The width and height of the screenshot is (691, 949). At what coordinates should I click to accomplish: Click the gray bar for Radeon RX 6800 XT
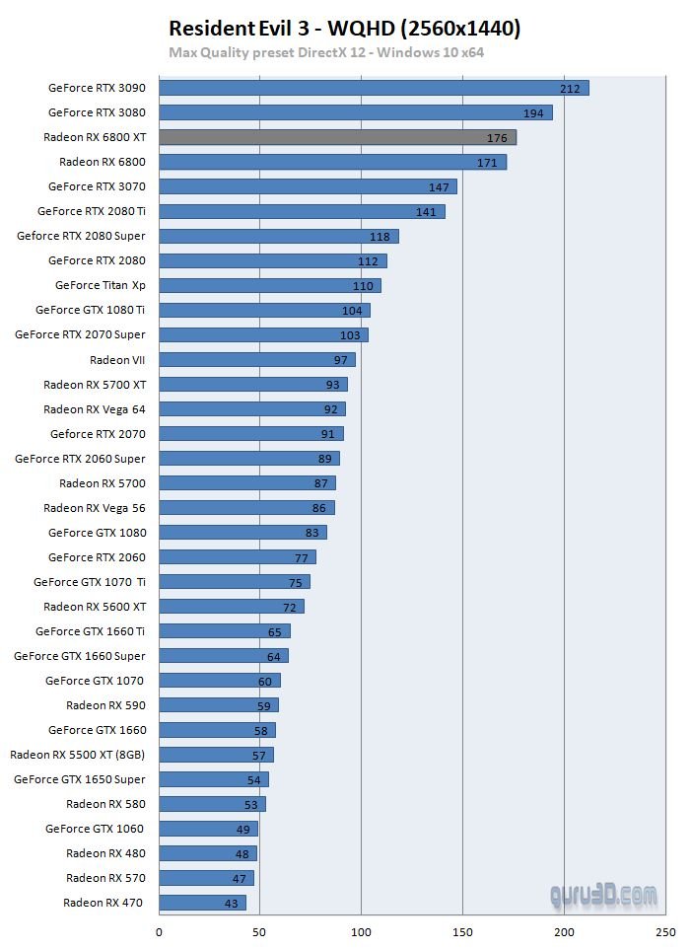click(337, 137)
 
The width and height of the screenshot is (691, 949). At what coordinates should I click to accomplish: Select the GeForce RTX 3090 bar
click(374, 88)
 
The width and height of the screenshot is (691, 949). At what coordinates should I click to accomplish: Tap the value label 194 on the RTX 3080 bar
click(533, 113)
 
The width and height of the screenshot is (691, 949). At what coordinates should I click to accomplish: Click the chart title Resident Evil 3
click(344, 29)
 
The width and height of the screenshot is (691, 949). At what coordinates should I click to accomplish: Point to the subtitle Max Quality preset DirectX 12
click(326, 52)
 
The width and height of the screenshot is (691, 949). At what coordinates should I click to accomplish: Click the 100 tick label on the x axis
click(362, 931)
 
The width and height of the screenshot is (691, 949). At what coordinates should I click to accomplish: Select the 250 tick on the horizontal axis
click(666, 931)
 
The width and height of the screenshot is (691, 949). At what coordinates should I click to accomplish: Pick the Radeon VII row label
click(117, 360)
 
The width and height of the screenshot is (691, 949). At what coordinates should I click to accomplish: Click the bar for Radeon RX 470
click(202, 903)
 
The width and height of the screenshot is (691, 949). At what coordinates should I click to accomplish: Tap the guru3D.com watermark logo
click(603, 895)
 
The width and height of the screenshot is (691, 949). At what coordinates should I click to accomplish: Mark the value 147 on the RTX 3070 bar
click(439, 187)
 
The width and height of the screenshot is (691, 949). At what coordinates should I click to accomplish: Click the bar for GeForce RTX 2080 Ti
click(302, 211)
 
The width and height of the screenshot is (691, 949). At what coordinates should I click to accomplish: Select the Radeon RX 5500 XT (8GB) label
click(78, 755)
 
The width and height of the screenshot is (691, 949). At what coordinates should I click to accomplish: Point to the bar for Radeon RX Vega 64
click(252, 408)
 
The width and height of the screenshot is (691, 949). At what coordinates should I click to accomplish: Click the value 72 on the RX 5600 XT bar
click(290, 607)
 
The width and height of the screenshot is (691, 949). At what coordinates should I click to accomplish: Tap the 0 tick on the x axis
click(159, 931)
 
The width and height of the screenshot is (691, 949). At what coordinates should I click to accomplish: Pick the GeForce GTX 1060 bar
click(208, 829)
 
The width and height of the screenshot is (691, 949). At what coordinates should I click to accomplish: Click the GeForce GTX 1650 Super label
click(80, 779)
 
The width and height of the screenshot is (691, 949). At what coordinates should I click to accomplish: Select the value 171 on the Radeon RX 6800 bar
click(487, 163)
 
